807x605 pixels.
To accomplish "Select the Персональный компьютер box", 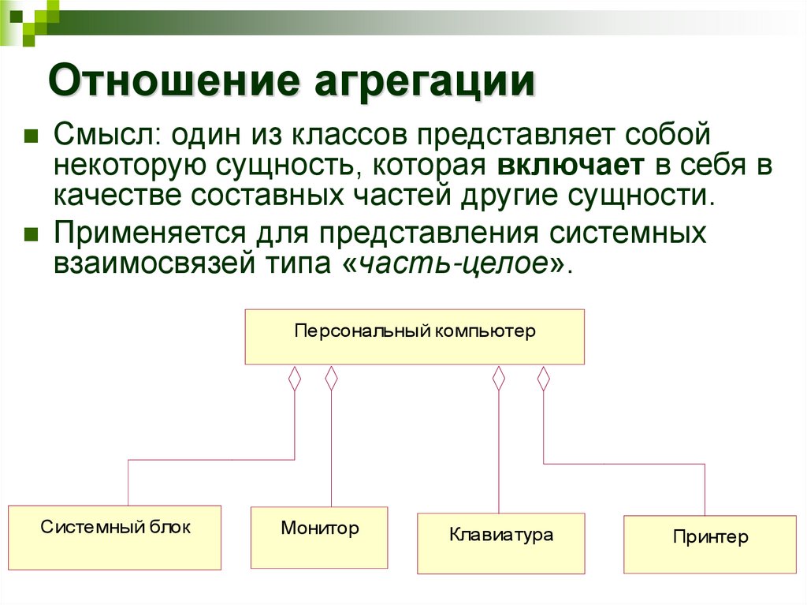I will [415, 337].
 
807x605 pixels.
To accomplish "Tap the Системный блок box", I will [114, 537].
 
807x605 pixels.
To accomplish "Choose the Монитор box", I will [319, 537].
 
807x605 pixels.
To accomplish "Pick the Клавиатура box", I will [501, 543].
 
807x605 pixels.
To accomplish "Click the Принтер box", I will [710, 545].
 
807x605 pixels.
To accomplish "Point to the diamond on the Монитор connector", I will [332, 379].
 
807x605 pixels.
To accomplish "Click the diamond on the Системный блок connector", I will [295, 379].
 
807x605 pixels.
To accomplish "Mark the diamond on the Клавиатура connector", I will [498, 379].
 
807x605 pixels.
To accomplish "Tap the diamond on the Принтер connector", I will [543, 379].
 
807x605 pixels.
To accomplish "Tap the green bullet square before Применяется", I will [32, 233].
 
